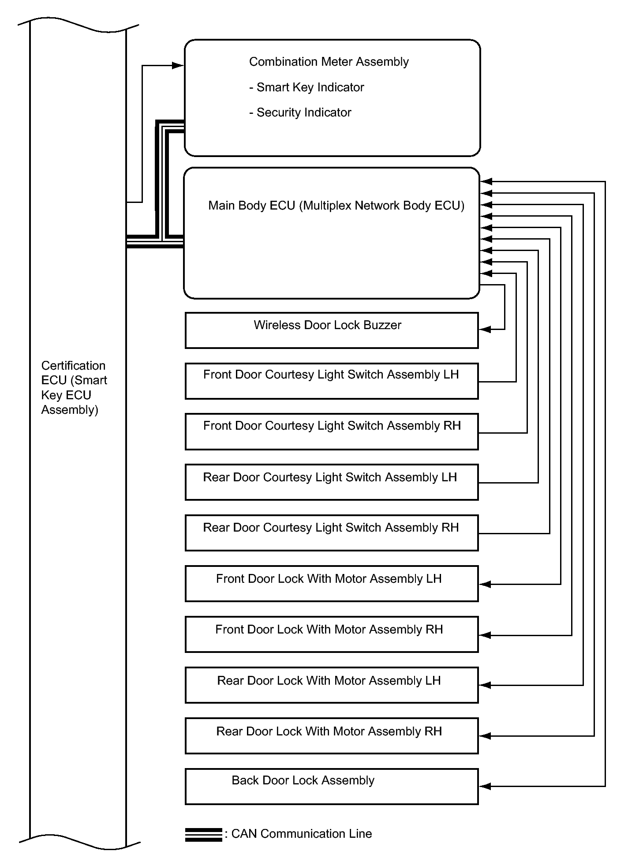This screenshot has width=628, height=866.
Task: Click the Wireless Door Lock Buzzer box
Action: pos(332,330)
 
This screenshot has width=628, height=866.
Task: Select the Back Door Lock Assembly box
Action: pos(332,787)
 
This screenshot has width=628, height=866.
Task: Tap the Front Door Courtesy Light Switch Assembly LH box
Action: pos(332,381)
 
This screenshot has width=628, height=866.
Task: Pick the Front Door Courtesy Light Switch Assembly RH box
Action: pos(332,431)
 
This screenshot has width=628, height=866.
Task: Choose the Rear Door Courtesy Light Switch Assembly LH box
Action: pos(332,482)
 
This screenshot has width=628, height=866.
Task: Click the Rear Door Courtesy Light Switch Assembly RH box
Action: pos(332,533)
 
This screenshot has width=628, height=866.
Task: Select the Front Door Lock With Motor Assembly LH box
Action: pos(332,584)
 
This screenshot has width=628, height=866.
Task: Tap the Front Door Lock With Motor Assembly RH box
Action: pos(332,634)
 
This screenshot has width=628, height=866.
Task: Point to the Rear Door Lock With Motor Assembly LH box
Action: pos(332,685)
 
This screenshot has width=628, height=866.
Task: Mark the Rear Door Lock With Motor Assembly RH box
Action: pos(332,736)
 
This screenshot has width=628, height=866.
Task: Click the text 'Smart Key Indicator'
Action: pos(310,87)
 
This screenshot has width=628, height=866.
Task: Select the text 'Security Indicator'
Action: pos(304,112)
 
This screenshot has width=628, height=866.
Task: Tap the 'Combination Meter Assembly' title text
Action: pos(329,62)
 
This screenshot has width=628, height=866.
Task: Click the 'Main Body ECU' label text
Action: pos(336,206)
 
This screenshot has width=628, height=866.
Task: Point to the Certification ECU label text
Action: pos(74,387)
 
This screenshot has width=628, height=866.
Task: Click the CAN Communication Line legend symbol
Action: pos(203,835)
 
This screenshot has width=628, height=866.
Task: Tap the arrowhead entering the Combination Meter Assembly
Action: pos(178,66)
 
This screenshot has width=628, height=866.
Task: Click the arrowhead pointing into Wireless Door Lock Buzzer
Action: pos(485,330)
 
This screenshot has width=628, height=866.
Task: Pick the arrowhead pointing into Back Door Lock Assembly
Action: pos(485,786)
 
